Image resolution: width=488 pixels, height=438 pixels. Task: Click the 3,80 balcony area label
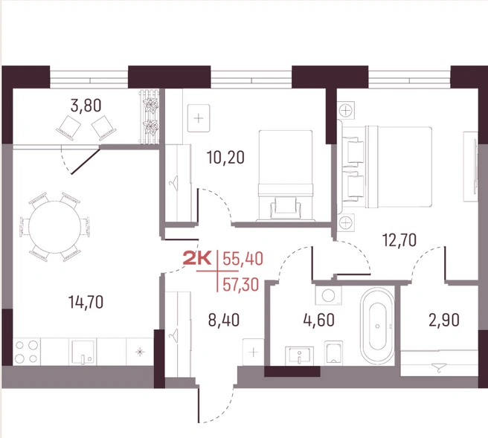pyautogui.click(x=86, y=106)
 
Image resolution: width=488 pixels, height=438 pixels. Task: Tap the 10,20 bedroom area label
pyautogui.click(x=226, y=158)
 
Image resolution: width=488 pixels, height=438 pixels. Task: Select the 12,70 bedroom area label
pyautogui.click(x=399, y=240)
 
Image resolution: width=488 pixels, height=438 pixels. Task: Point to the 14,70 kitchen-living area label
pyautogui.click(x=86, y=302)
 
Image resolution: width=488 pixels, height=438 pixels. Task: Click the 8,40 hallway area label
pyautogui.click(x=224, y=320)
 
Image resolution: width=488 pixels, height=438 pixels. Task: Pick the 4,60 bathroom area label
pyautogui.click(x=319, y=320)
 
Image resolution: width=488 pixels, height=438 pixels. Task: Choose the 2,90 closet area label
pyautogui.click(x=444, y=320)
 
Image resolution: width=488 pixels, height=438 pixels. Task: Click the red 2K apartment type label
pyautogui.click(x=197, y=259)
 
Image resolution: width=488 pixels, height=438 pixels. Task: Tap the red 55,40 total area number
pyautogui.click(x=243, y=259)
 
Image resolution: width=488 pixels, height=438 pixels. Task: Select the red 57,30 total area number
pyautogui.click(x=241, y=285)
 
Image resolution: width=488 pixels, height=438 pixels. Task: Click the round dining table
pyautogui.click(x=54, y=227)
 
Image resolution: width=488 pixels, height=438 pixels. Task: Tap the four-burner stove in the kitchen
pyautogui.click(x=27, y=352)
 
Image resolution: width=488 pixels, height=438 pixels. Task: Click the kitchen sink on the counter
pyautogui.click(x=83, y=352)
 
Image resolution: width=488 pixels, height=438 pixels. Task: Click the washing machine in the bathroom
pyautogui.click(x=328, y=295)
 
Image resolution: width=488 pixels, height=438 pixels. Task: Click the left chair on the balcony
pyautogui.click(x=68, y=127)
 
